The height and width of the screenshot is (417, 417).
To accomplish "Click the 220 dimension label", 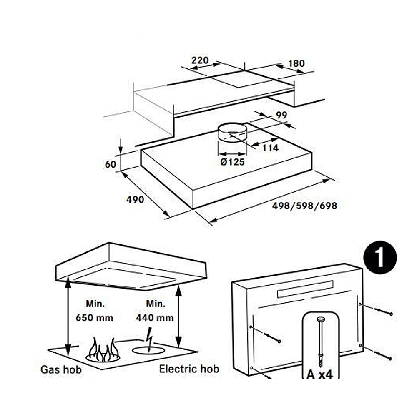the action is tap(200, 60).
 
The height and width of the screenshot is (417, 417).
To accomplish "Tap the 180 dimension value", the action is tap(296, 63).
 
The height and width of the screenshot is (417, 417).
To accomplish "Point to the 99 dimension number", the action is tap(281, 115).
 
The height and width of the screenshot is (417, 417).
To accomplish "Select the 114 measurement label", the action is tap(271, 148).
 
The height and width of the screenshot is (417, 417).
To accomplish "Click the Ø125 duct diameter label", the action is tap(232, 162).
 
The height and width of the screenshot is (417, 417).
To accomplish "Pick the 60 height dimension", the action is tap(111, 164).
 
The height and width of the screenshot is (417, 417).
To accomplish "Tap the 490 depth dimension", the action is tap(135, 199).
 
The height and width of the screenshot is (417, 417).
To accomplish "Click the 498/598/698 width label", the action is tap(304, 206).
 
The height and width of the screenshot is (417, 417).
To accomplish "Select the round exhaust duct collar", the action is tap(232, 132).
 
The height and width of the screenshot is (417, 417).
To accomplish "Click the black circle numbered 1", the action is tap(380, 257).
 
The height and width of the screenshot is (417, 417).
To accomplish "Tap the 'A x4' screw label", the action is tap(320, 374).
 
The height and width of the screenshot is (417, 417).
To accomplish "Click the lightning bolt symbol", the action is tap(149, 340).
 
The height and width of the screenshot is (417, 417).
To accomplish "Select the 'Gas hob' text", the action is tap(61, 369).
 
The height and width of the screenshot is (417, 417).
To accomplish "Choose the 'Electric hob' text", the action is tap(189, 369).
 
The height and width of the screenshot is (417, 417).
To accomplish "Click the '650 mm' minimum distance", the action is tap(94, 317).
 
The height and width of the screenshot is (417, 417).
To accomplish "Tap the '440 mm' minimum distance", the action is tap(155, 317).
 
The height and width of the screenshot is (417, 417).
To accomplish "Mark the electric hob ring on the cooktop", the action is tap(148, 351).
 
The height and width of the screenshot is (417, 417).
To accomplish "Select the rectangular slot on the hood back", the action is tap(305, 289).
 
